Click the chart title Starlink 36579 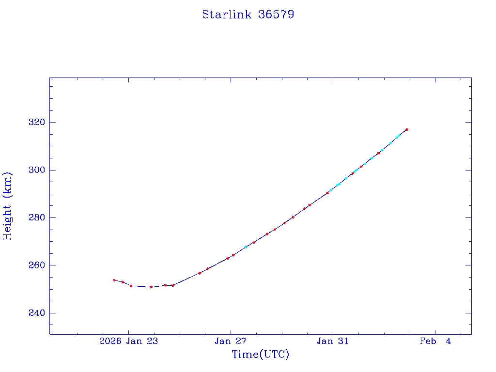tap(248, 15)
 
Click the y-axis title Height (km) tap(8, 206)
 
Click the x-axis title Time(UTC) tap(261, 355)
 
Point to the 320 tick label tap(36, 122)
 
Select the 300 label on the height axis tap(36, 170)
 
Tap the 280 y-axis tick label tap(36, 217)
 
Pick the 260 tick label tap(36, 265)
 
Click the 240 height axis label tap(36, 313)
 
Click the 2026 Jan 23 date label tap(128, 341)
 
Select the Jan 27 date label tap(231, 341)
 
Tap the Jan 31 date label tap(333, 341)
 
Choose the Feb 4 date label tap(435, 341)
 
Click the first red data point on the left tap(114, 280)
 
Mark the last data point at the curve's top tap(407, 129)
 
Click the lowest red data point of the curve tap(151, 287)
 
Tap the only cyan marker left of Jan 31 tap(246, 247)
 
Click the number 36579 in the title tap(276, 15)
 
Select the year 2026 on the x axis tap(110, 341)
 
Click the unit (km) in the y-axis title tap(8, 186)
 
